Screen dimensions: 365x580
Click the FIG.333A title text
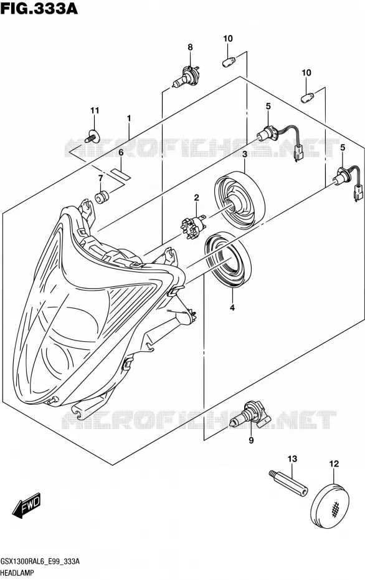pos(39,8)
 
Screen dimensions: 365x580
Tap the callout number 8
pos(190,47)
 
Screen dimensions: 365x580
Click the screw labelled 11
pos(92,136)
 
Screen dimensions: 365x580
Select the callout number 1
pos(129,118)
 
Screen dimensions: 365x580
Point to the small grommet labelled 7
pos(102,196)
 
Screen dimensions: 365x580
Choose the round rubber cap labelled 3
pos(240,200)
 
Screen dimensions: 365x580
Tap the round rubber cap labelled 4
pos(227,259)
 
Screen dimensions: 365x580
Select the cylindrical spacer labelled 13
pos(287,484)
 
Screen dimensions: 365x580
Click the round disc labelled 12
pos(331,504)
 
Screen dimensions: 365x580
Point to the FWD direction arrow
pos(27,505)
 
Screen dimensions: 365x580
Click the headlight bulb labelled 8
pos(186,77)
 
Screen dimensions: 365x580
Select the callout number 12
pos(334,463)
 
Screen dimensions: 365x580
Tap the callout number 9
pos(251,440)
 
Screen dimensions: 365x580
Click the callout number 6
pos(121,152)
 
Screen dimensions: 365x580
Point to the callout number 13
pos(292,459)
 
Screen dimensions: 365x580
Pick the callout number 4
pos(232,307)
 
